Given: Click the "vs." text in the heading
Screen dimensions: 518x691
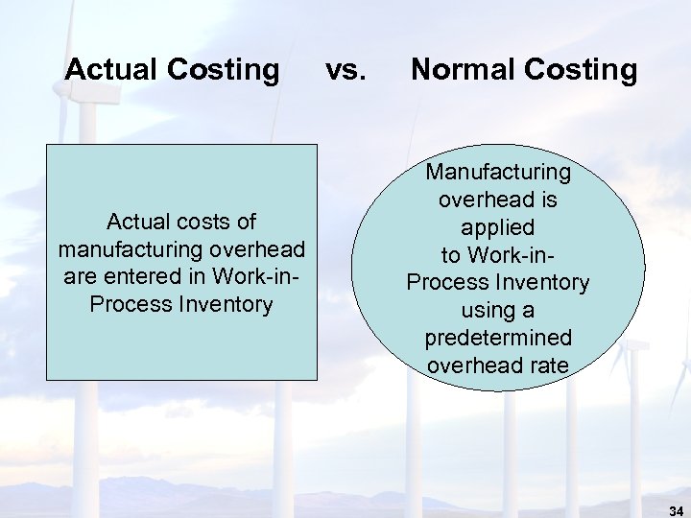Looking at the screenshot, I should pos(345,69).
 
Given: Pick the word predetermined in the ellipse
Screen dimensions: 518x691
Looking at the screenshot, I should pos(498,339).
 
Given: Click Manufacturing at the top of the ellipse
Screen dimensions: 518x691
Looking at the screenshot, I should pos(498,173).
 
